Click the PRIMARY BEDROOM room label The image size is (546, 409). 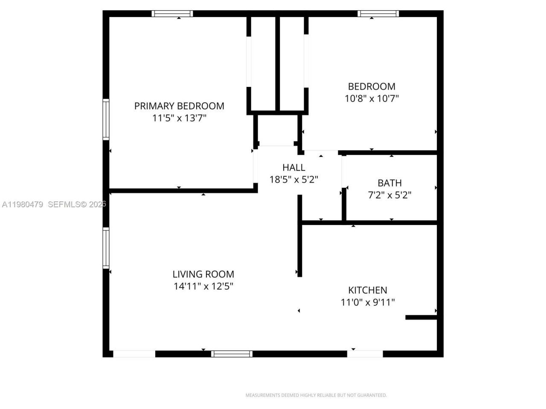[179, 106]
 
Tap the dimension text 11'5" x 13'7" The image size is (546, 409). [179, 118]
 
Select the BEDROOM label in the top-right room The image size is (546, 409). [372, 86]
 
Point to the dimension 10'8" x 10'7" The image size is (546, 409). [372, 98]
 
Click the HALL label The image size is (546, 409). [293, 167]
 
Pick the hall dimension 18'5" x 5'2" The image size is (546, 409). [293, 179]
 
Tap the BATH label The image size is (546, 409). [389, 183]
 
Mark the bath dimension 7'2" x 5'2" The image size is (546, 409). [389, 195]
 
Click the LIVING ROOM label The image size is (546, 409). [203, 274]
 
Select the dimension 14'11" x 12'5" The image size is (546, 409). [203, 286]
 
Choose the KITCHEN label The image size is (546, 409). [368, 290]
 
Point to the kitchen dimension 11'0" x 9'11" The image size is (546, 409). [368, 302]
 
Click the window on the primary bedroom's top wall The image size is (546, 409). [172, 14]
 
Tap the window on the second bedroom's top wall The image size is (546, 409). [378, 14]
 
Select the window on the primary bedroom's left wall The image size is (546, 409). [106, 119]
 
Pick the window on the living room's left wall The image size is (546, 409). [106, 248]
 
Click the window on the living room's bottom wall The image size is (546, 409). [232, 354]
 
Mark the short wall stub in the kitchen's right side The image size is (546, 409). [421, 317]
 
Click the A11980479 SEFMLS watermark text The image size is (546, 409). [53, 204]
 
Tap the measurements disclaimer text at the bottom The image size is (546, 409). [316, 395]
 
